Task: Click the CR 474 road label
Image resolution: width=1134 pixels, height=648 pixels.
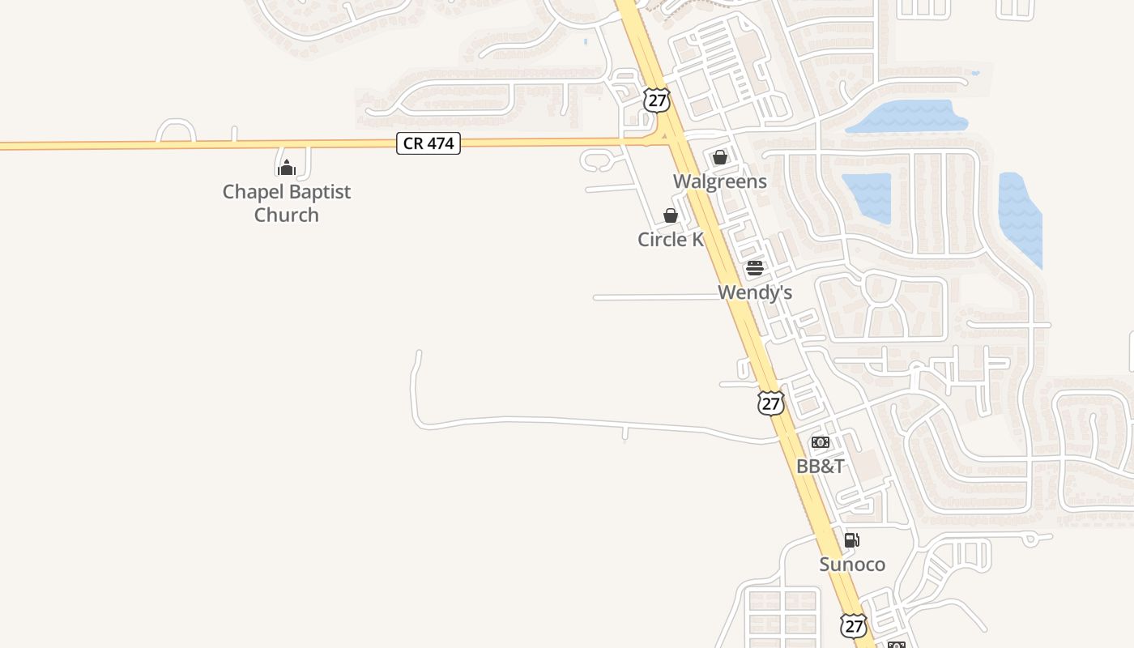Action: pos(428,144)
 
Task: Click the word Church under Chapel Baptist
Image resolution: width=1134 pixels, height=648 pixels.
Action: pos(286,215)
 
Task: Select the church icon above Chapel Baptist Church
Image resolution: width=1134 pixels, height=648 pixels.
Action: pos(286,168)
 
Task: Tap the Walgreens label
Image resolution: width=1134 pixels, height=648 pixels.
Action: pos(719,181)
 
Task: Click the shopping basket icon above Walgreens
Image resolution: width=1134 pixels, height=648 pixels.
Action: pos(720,157)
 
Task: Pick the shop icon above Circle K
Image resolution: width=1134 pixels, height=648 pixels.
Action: pos(671,215)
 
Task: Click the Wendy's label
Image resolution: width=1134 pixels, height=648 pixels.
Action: pos(755,292)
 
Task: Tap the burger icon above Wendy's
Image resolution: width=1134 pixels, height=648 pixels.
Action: pos(755,268)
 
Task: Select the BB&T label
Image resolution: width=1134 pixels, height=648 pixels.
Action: pos(821,466)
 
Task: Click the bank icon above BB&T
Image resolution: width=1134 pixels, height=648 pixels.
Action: pos(821,442)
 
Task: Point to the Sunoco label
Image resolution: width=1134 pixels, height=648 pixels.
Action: pos(852,564)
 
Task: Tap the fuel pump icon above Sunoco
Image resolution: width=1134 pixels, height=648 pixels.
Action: pos(851,540)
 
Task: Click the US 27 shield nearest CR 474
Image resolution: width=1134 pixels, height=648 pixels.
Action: pos(657,100)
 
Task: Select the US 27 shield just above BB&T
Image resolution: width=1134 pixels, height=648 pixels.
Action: pos(771,403)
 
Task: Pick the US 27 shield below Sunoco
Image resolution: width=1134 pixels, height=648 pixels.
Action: pos(852,625)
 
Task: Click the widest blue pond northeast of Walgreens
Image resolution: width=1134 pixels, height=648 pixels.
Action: pos(907,117)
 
